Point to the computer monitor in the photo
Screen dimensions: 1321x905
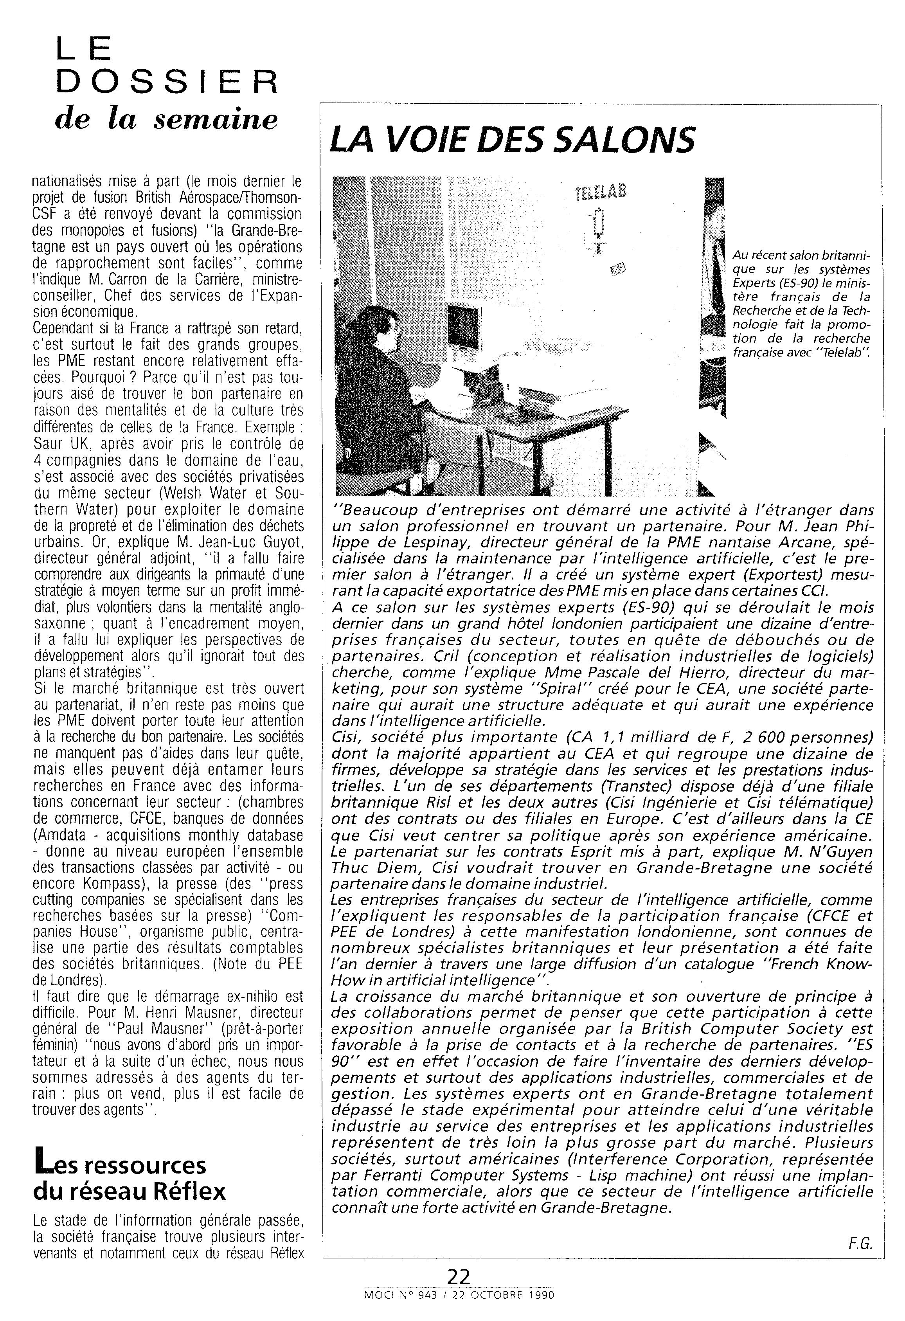463,324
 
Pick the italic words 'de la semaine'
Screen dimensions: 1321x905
167,121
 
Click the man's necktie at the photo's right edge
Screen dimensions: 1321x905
718,284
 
